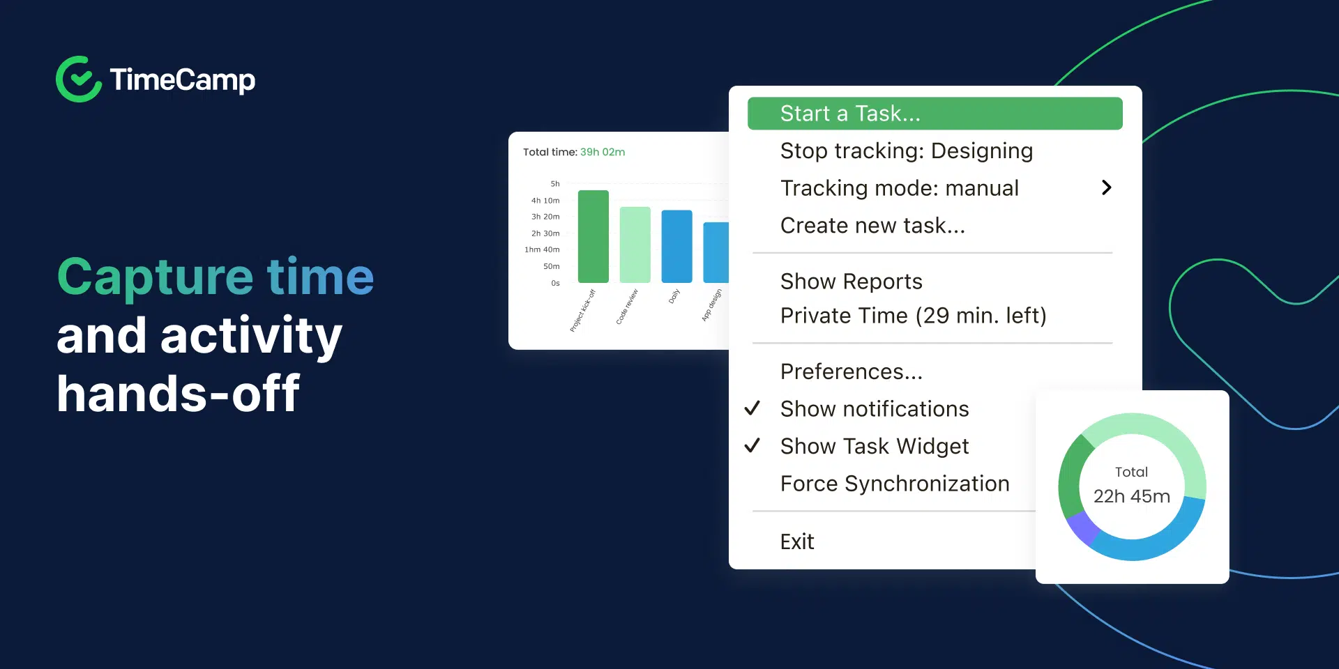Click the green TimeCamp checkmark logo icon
click(79, 79)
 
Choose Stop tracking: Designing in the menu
click(906, 151)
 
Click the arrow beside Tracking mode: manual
click(1106, 187)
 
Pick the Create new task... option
click(872, 226)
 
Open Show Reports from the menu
click(851, 282)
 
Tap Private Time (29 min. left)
click(913, 316)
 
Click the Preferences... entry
click(851, 372)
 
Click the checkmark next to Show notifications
click(752, 408)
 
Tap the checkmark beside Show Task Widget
click(752, 446)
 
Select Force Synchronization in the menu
click(894, 484)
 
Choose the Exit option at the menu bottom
click(797, 541)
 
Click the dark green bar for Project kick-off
click(593, 237)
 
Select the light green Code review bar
click(635, 245)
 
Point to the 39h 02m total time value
click(603, 152)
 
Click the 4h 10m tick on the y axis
click(545, 201)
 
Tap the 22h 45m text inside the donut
click(1131, 496)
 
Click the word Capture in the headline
click(154, 277)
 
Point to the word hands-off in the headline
click(178, 394)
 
